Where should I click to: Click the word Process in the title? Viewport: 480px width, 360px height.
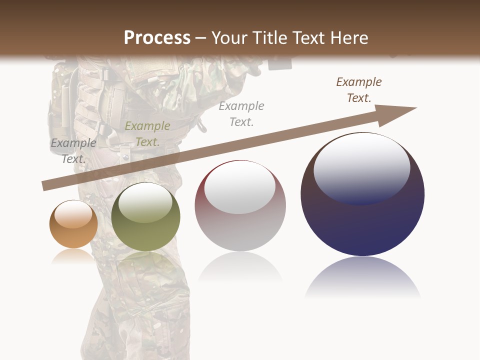(157, 38)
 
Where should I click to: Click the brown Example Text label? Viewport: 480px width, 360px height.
(359, 90)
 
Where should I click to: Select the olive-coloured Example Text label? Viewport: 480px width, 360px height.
(147, 134)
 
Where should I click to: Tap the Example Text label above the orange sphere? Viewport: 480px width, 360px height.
(73, 151)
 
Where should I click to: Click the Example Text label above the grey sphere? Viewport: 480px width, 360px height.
(241, 114)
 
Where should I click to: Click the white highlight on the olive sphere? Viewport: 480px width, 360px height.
(145, 202)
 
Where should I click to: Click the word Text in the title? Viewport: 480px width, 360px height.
(308, 38)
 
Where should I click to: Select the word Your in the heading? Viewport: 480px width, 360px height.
(229, 38)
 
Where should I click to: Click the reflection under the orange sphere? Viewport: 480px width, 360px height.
(73, 256)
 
